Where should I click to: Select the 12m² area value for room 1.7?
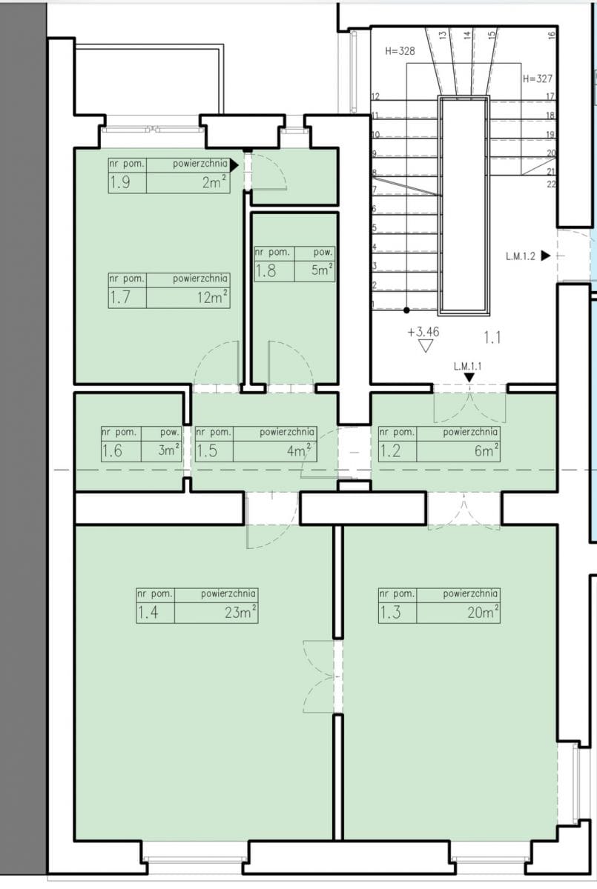tap(213, 297)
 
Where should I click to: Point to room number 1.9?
tap(120, 182)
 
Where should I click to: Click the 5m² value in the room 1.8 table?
tap(322, 270)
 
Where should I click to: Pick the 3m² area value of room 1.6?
tap(169, 450)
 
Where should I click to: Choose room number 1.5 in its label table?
tap(207, 450)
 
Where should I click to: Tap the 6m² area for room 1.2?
tap(486, 450)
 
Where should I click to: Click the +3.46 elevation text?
tap(423, 332)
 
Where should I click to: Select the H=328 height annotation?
tap(400, 51)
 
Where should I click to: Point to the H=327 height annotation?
tap(538, 79)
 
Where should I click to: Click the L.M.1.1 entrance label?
tap(467, 366)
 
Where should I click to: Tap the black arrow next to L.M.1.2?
tap(546, 256)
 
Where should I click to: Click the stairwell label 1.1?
tap(492, 338)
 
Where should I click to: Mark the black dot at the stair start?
tap(406, 310)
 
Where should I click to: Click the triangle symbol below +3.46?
tap(426, 346)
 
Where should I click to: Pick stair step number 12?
tap(375, 96)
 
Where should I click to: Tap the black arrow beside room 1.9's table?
tap(234, 165)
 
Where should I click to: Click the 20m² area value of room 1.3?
tap(483, 613)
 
